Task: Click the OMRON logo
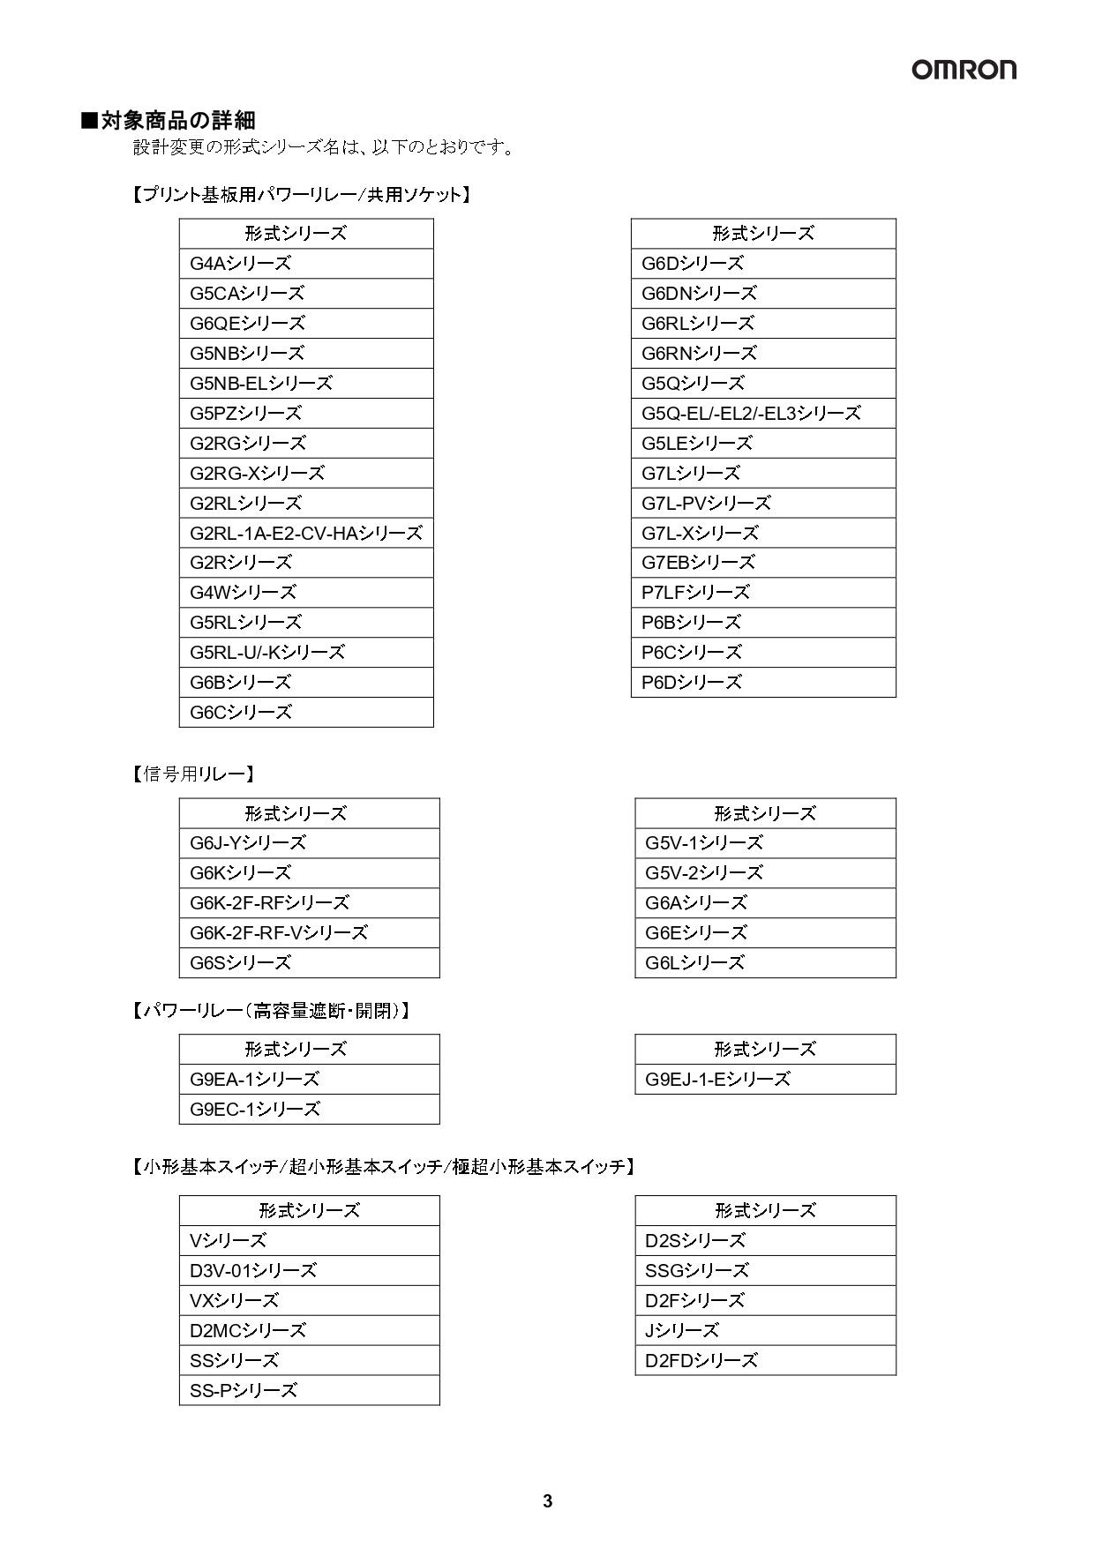click(x=964, y=70)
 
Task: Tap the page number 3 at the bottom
click(x=547, y=1501)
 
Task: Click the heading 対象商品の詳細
click(x=169, y=120)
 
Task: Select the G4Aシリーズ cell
click(x=306, y=264)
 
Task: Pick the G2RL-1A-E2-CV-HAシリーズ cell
click(x=306, y=533)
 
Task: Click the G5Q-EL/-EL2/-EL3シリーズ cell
click(x=763, y=413)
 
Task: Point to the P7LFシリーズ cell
click(x=763, y=593)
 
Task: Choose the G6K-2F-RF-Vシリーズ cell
click(x=309, y=932)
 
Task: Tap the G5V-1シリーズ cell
click(x=765, y=843)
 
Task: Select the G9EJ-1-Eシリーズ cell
click(x=765, y=1080)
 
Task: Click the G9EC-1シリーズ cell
click(x=309, y=1110)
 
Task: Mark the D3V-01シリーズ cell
click(x=309, y=1271)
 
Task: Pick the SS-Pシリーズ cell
click(x=309, y=1391)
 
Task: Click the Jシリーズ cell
click(x=765, y=1331)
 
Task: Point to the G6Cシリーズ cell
click(x=306, y=713)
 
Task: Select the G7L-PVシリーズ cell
click(x=763, y=503)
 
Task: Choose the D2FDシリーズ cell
click(x=765, y=1361)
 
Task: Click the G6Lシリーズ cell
click(x=765, y=963)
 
